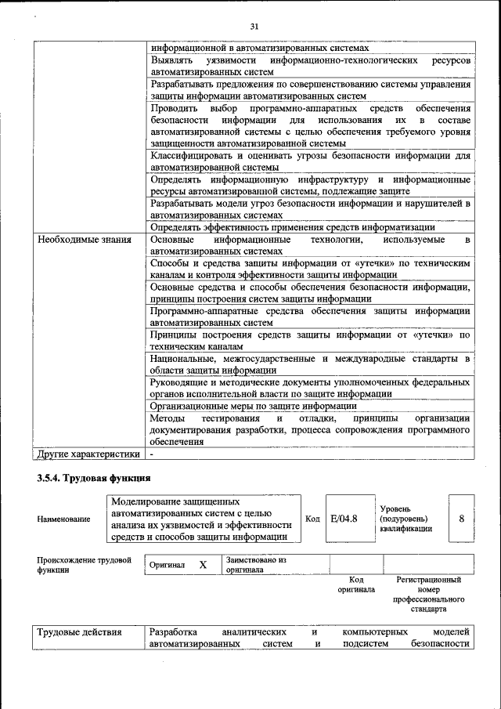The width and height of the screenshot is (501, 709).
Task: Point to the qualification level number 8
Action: tap(461, 518)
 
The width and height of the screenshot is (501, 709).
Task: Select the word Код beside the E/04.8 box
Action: tap(312, 518)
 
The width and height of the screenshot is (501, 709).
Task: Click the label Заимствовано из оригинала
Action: tap(256, 565)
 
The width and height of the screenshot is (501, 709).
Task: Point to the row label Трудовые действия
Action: tap(79, 632)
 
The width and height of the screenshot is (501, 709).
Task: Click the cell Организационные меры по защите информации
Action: tap(254, 406)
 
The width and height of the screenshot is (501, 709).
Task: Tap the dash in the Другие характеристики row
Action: tap(153, 454)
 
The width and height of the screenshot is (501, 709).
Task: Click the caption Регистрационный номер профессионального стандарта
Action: tap(428, 594)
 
